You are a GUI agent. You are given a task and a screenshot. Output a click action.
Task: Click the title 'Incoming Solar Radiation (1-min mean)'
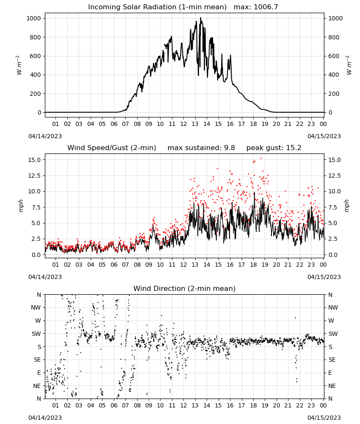click(157, 7)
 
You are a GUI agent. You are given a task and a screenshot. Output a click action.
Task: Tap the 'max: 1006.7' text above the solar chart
click(256, 7)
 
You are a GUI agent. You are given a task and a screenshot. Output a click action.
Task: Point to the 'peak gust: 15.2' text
click(274, 148)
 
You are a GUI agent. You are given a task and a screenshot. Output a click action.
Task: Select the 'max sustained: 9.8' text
click(201, 148)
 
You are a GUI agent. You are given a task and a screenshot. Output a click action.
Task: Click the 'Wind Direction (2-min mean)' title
click(185, 288)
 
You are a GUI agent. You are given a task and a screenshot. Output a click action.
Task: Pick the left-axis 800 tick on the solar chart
click(35, 37)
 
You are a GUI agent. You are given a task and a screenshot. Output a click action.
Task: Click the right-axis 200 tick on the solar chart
click(334, 94)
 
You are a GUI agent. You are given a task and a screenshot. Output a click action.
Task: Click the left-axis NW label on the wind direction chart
click(36, 308)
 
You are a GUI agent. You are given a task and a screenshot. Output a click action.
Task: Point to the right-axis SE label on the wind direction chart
click(332, 360)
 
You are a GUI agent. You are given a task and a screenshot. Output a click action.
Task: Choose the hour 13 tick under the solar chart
click(195, 124)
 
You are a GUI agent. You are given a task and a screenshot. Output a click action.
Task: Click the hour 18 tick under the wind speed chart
click(253, 265)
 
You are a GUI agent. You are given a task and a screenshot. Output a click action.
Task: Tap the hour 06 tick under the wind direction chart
click(114, 406)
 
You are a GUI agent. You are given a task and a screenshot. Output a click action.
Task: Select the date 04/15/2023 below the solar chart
click(324, 136)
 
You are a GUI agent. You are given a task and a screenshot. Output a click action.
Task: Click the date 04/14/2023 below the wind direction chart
click(45, 418)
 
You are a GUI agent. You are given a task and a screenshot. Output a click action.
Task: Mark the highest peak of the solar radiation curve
click(201, 17)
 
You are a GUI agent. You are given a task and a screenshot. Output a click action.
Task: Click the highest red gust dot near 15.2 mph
click(261, 159)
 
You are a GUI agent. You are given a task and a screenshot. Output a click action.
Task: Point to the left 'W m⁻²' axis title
click(19, 65)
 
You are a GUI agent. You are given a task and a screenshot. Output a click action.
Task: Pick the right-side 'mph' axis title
click(347, 206)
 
